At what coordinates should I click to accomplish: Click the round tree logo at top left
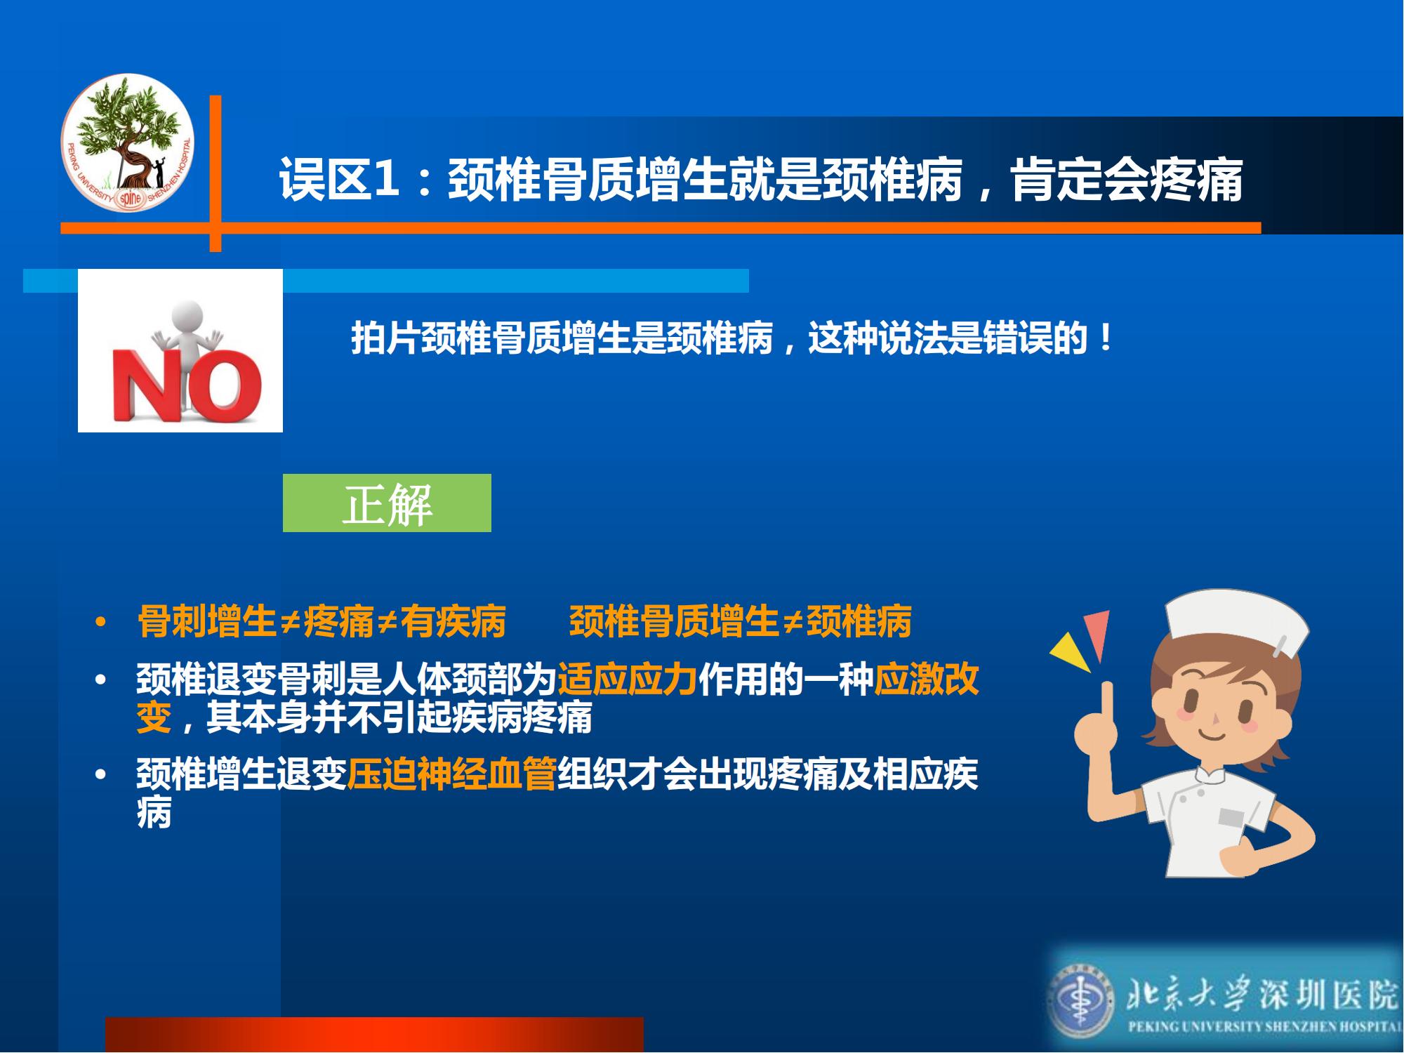pos(127,143)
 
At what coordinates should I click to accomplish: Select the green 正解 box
pos(387,503)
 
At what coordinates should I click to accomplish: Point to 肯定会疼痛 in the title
pos(1127,180)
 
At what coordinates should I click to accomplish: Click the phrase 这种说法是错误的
pos(948,338)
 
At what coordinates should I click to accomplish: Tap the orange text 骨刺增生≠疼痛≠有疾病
pos(322,621)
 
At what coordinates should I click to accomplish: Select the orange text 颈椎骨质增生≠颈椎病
pos(740,621)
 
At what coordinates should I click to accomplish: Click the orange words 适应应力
pos(627,679)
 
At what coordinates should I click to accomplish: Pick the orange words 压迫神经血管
pos(451,774)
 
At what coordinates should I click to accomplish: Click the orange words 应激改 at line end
pos(926,679)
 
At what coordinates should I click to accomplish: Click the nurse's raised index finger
pos(1107,703)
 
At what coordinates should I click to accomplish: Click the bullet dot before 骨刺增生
pos(100,622)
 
